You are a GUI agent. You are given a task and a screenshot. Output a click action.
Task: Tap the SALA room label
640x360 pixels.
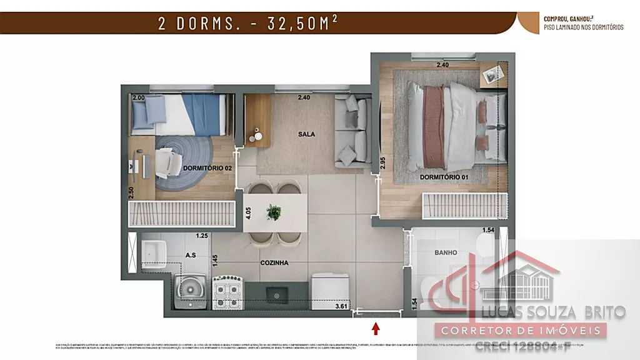[306, 134]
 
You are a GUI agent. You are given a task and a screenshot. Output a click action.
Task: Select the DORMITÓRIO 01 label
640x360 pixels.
[444, 177]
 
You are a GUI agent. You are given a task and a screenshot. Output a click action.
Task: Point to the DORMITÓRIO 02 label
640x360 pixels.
[207, 168]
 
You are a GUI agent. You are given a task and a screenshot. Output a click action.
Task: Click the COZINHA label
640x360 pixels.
[274, 263]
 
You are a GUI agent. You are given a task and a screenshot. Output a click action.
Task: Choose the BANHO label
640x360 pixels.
[446, 252]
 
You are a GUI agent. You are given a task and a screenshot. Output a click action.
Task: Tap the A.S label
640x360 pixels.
[191, 254]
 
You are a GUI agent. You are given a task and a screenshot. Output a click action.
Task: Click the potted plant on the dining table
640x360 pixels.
[274, 212]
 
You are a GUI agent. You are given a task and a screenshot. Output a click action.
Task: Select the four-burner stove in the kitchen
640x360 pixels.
[227, 292]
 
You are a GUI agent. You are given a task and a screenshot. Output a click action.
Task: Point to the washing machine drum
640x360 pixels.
[191, 289]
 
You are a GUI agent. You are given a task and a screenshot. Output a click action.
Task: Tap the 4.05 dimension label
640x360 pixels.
[248, 212]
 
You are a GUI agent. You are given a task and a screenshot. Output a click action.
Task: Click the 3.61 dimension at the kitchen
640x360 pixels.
[341, 306]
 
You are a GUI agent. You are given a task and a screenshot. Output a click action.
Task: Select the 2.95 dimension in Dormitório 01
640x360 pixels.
[382, 163]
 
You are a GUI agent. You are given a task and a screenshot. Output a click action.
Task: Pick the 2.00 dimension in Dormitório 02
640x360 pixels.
[139, 98]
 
